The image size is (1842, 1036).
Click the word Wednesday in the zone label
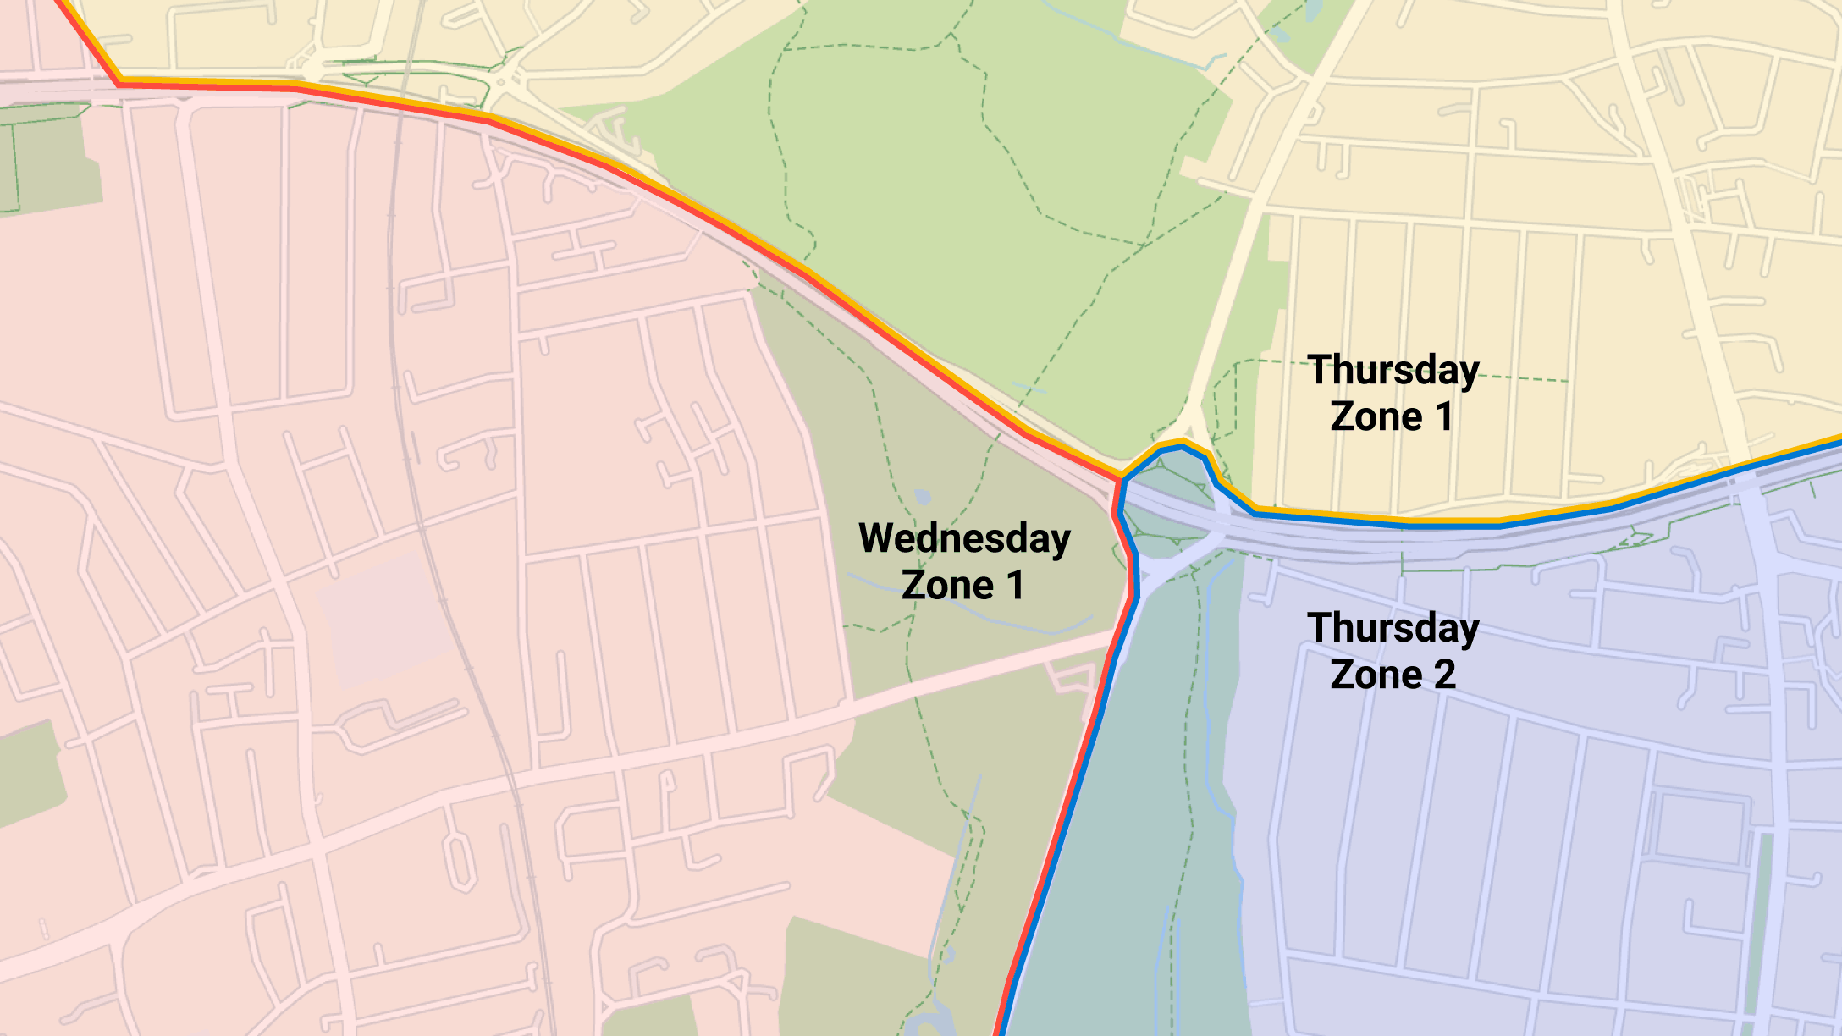(964, 539)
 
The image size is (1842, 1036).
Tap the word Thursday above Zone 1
(1393, 371)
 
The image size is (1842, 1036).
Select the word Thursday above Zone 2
(1393, 629)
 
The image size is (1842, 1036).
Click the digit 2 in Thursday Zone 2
(1444, 675)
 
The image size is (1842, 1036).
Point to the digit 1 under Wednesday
(1015, 586)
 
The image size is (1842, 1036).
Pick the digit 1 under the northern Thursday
(1443, 417)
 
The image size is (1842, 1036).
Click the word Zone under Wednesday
(946, 586)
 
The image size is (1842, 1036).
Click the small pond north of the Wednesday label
(923, 497)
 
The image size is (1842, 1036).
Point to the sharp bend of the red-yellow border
(119, 82)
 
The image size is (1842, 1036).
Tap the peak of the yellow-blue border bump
(1182, 444)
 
